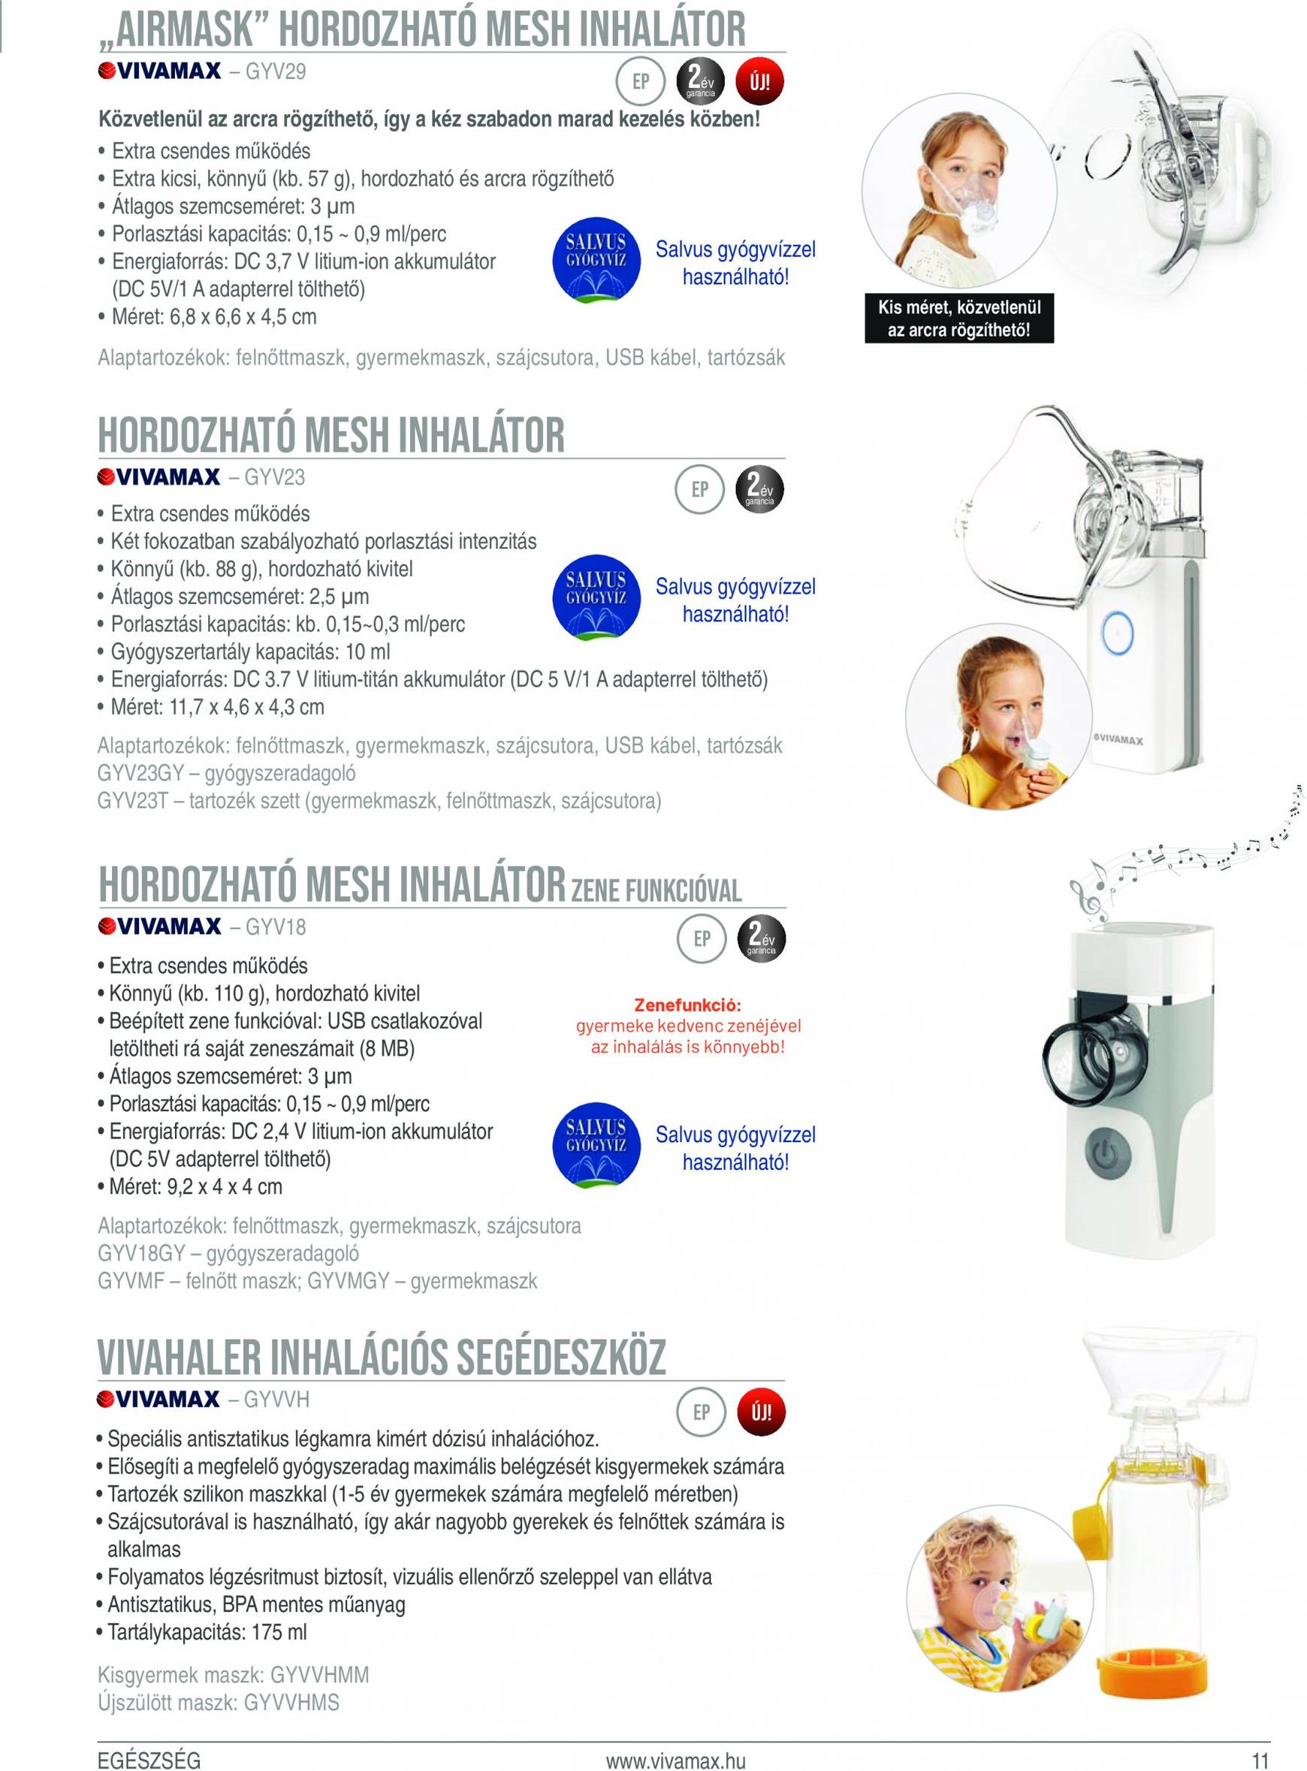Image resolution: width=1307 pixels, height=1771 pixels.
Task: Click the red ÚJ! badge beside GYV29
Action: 759,81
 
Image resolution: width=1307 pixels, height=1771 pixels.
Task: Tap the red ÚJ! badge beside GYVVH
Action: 760,1412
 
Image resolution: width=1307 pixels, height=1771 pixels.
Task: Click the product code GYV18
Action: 276,926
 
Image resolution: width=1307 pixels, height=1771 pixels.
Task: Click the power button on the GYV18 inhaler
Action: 1105,1155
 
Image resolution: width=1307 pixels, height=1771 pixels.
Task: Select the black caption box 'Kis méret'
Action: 959,318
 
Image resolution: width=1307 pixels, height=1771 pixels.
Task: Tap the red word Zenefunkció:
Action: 687,1005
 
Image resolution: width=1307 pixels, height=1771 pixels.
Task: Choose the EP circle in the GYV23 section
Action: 700,490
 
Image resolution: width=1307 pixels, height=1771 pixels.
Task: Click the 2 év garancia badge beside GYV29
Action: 699,81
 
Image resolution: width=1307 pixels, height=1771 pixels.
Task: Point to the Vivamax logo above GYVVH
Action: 158,1399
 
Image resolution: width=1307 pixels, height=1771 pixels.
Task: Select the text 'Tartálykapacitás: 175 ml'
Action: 207,1632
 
